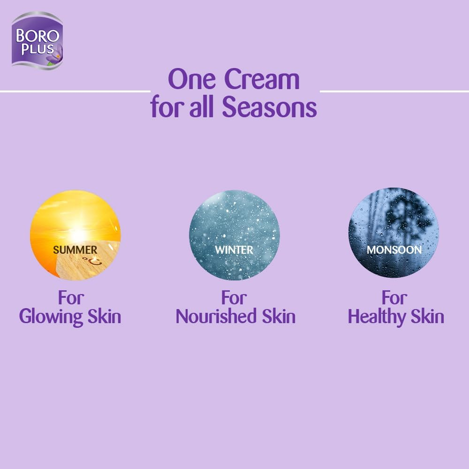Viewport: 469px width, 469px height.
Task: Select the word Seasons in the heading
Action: pyautogui.click(x=269, y=107)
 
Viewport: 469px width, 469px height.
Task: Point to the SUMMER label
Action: pyautogui.click(x=75, y=250)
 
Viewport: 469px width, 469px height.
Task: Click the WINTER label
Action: pyautogui.click(x=234, y=250)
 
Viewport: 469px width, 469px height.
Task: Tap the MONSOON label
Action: pyautogui.click(x=394, y=250)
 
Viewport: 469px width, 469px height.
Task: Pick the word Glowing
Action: pyautogui.click(x=51, y=317)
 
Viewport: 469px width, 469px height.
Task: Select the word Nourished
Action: pyautogui.click(x=214, y=317)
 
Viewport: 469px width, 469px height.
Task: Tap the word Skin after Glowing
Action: pyautogui.click(x=104, y=317)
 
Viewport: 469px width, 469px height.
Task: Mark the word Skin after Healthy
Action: pyautogui.click(x=427, y=317)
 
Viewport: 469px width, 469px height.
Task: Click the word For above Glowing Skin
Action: pyautogui.click(x=71, y=297)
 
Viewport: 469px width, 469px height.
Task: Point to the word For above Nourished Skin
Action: pyautogui.click(x=234, y=297)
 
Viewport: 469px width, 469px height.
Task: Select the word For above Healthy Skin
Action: pyautogui.click(x=394, y=297)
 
